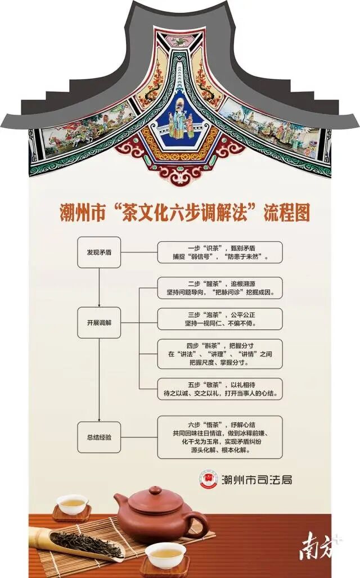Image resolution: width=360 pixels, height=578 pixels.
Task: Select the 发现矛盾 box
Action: tap(99, 252)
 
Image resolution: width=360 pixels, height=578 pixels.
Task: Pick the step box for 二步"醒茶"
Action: tap(219, 288)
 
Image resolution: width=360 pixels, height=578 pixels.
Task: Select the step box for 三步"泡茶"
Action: tap(219, 319)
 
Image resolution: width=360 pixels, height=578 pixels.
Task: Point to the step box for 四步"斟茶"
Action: tap(219, 354)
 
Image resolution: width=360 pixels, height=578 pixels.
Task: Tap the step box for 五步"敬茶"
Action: tap(219, 389)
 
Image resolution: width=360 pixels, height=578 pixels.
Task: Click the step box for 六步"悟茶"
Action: tap(219, 437)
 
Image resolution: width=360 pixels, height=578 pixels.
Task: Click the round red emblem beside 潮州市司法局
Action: tap(208, 479)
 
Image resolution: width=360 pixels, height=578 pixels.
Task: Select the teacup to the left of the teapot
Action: tap(72, 504)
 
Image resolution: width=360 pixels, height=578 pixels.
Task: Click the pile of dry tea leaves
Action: tap(84, 543)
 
